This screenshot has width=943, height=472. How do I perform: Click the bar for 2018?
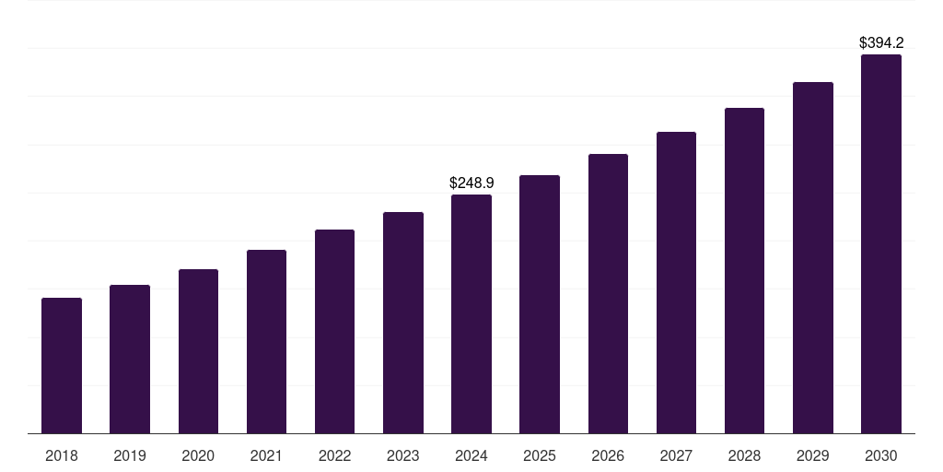pyautogui.click(x=62, y=366)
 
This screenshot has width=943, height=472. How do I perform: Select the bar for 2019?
pyautogui.click(x=130, y=360)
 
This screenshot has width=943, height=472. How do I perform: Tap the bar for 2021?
pyautogui.click(x=266, y=342)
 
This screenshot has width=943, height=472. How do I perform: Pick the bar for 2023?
pyautogui.click(x=403, y=323)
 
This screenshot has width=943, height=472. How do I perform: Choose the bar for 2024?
pyautogui.click(x=471, y=314)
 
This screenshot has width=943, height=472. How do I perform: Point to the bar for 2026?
pyautogui.click(x=608, y=294)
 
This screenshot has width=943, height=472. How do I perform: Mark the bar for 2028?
pyautogui.click(x=744, y=271)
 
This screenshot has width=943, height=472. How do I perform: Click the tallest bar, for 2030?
pyautogui.click(x=881, y=244)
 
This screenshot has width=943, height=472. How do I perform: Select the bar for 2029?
pyautogui.click(x=813, y=258)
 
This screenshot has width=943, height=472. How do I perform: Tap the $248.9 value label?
pyautogui.click(x=471, y=183)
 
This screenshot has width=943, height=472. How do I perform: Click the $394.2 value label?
pyautogui.click(x=881, y=43)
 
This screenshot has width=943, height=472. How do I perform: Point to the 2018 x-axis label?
pyautogui.click(x=62, y=456)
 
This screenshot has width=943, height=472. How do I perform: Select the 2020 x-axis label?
pyautogui.click(x=198, y=456)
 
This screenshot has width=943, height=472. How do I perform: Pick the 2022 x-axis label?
pyautogui.click(x=334, y=456)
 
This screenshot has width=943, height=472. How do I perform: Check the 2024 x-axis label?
pyautogui.click(x=471, y=456)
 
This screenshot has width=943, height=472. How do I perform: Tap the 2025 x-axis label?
pyautogui.click(x=540, y=456)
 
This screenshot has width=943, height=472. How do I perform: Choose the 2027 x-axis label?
pyautogui.click(x=676, y=456)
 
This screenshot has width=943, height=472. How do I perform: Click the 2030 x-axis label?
pyautogui.click(x=881, y=456)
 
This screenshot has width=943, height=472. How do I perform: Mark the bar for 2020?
pyautogui.click(x=198, y=351)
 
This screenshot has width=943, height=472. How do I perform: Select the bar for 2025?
pyautogui.click(x=540, y=304)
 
